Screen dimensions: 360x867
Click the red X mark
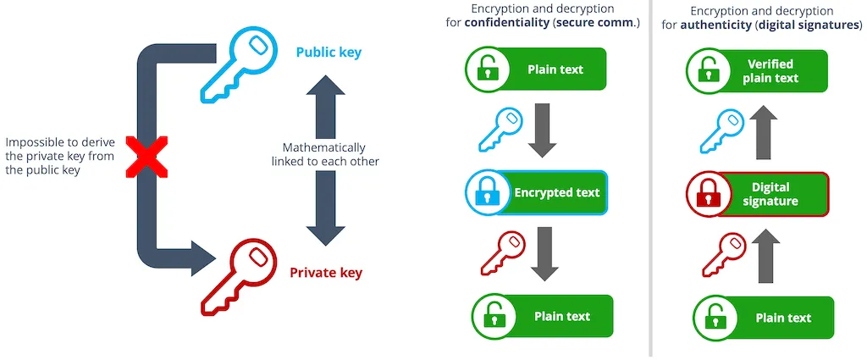click(x=146, y=158)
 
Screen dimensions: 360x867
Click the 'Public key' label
click(x=329, y=53)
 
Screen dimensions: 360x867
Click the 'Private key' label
click(x=326, y=273)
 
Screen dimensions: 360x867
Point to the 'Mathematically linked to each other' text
click(x=325, y=154)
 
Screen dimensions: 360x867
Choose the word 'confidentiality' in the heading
click(x=506, y=23)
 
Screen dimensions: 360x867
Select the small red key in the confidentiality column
click(x=501, y=252)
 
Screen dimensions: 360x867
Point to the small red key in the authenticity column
click(x=723, y=254)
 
